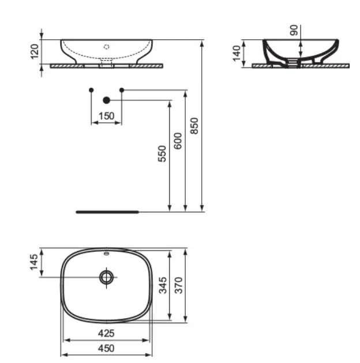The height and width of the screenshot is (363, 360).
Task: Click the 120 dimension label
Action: coord(34,51)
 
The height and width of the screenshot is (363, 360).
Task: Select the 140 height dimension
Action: coord(237,54)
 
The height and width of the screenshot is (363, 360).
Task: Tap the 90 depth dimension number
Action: coord(294,30)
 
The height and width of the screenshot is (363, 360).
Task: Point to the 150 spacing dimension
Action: coord(106,116)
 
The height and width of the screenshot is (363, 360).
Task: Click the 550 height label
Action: coord(162,154)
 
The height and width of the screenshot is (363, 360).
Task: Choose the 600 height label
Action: coord(178,141)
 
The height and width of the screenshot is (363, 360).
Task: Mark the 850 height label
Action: coord(194,126)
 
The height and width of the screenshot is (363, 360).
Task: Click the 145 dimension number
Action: coord(34,262)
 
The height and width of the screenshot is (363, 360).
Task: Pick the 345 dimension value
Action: coord(163,285)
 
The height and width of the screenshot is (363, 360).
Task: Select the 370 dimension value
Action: coord(178,285)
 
